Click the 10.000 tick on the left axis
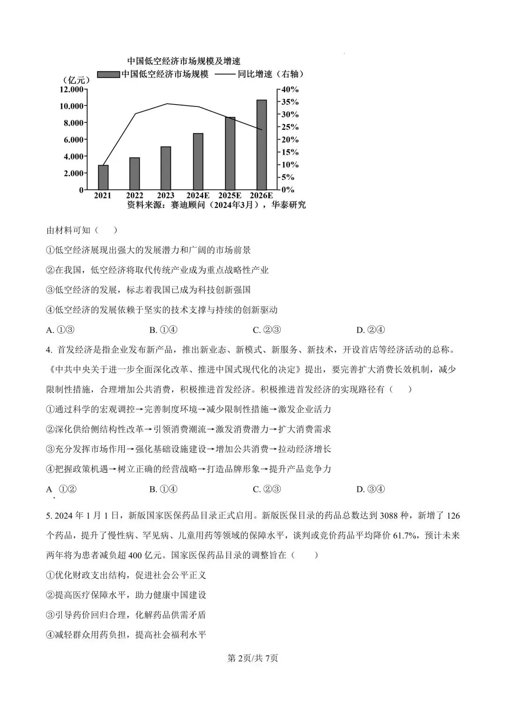[x=71, y=106]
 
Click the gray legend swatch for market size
[x=108, y=75]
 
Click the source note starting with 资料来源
[x=216, y=205]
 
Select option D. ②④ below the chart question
[x=371, y=330]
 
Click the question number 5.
[x=48, y=516]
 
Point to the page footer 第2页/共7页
[x=253, y=658]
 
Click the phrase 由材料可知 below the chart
[x=68, y=230]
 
